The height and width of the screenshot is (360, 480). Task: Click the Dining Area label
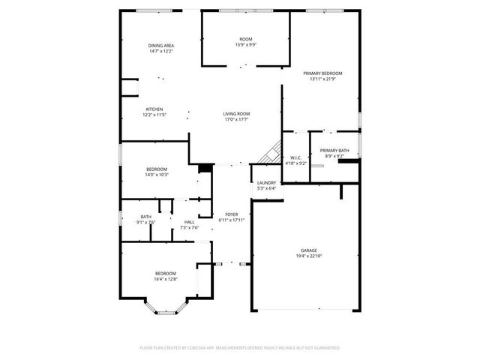coord(161,46)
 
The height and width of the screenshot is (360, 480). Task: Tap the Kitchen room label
coord(154,109)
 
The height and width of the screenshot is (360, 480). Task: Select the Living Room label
coord(235,114)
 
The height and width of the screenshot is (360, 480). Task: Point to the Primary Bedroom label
coord(322,73)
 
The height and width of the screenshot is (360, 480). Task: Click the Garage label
coord(309,250)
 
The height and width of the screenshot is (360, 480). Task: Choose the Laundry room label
coord(266,183)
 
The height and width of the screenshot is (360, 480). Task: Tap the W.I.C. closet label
coord(295,157)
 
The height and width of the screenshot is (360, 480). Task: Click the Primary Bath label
coord(334,151)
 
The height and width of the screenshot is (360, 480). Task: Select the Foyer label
coord(232,214)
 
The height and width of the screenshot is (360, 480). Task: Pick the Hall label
coord(190,222)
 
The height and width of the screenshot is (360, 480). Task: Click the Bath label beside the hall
coord(145,217)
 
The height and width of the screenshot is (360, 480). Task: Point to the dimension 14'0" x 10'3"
coord(157,175)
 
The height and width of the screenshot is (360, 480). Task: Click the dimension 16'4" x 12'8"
coord(165,279)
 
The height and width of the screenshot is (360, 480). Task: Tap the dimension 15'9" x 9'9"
coord(245,44)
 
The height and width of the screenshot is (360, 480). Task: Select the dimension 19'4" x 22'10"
coord(309,256)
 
